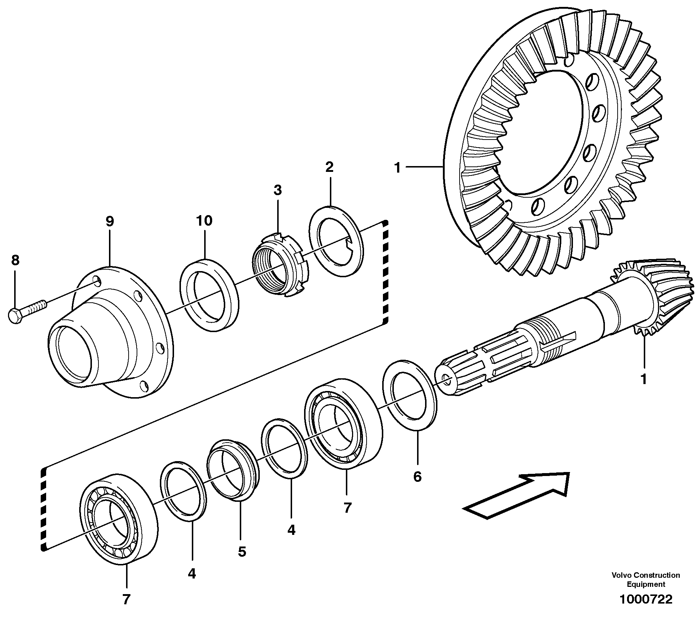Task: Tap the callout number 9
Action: [x=110, y=221]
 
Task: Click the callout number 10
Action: [x=204, y=220]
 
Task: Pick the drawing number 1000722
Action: [x=646, y=599]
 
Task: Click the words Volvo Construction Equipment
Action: [x=645, y=580]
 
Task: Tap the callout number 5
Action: [x=242, y=552]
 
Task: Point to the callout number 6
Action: [x=417, y=476]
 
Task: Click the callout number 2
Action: [x=329, y=167]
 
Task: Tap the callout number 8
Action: [x=15, y=260]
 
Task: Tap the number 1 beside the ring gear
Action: [x=398, y=168]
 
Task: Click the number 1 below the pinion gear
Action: [x=643, y=379]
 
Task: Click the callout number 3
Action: [x=278, y=190]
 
